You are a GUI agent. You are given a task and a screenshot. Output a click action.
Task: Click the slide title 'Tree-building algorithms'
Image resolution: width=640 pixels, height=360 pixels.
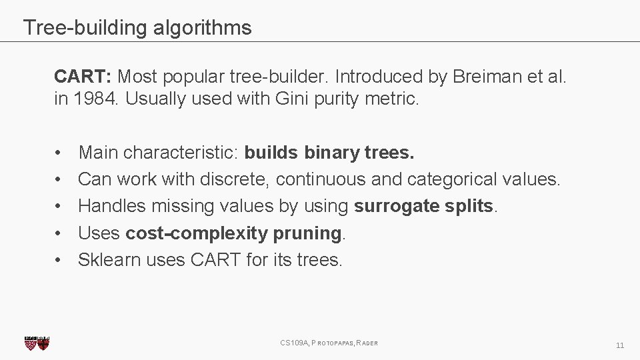(x=137, y=28)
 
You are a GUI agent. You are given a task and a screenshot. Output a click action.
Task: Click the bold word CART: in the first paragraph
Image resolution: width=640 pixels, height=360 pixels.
(x=77, y=77)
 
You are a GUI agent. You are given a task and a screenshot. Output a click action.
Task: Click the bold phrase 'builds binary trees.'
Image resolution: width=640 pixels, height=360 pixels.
(x=329, y=153)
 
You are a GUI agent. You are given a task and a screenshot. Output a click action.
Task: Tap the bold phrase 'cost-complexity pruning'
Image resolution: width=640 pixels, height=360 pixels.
(x=233, y=233)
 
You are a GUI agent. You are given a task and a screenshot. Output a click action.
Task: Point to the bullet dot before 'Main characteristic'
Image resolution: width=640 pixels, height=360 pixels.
(x=59, y=153)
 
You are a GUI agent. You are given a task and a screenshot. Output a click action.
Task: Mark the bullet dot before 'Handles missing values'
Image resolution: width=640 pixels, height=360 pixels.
(x=59, y=206)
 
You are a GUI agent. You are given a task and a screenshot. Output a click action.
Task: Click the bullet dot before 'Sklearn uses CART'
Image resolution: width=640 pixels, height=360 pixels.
(x=59, y=259)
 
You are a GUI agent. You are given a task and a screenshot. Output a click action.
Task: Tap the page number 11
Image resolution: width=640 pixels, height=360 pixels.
(x=620, y=345)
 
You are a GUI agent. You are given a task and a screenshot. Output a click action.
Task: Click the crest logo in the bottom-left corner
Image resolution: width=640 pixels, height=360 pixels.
(x=37, y=343)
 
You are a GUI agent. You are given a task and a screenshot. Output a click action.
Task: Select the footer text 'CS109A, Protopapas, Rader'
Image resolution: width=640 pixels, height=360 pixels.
(x=329, y=343)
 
